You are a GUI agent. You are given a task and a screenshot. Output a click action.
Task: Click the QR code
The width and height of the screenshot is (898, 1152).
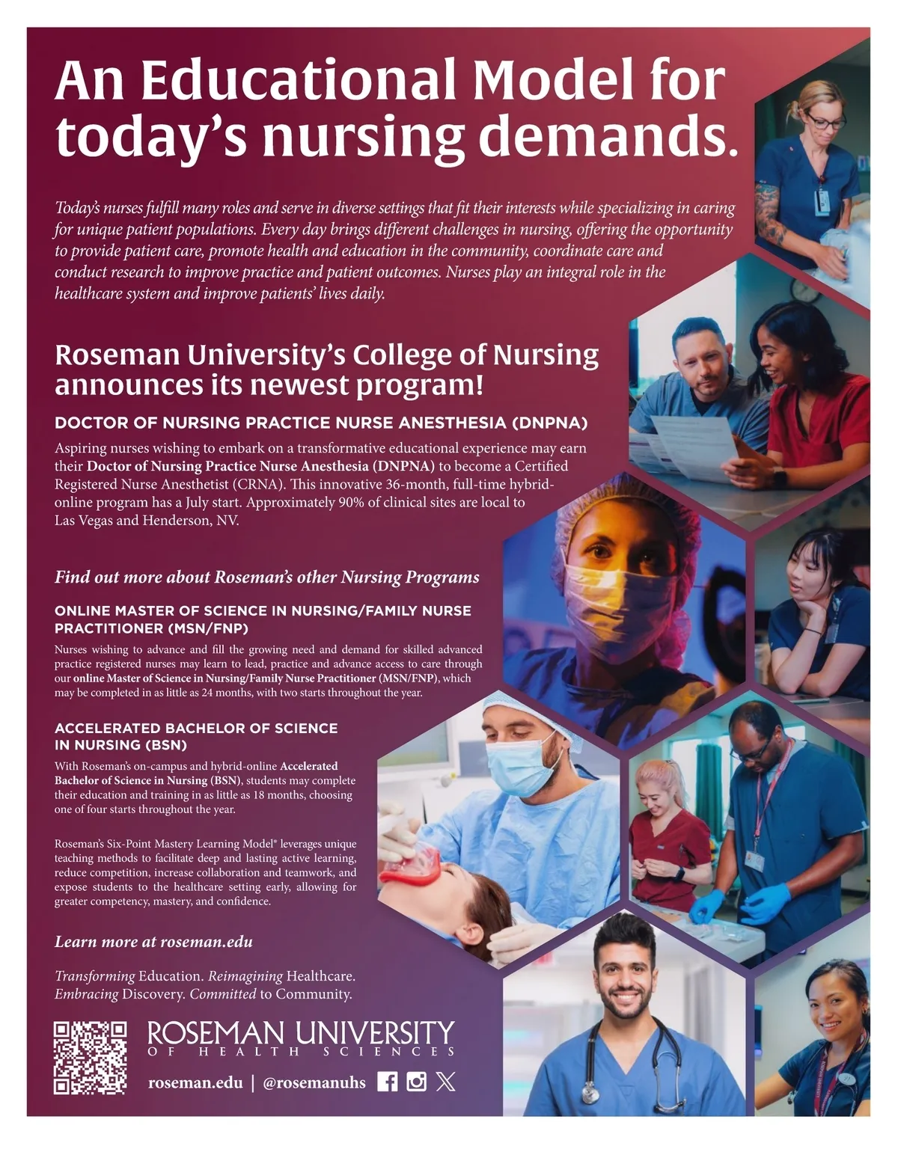[x=90, y=1058]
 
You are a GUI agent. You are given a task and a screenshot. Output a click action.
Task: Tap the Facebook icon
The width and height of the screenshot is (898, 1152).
[x=387, y=1082]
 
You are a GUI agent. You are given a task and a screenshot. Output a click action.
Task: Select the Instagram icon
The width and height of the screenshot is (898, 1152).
[x=416, y=1082]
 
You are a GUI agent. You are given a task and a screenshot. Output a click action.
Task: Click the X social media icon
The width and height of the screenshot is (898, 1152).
[x=445, y=1082]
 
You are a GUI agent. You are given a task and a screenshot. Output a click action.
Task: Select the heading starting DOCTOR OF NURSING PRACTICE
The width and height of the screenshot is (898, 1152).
[x=321, y=423]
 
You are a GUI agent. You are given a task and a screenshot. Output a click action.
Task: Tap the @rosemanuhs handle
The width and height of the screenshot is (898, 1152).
[x=314, y=1082]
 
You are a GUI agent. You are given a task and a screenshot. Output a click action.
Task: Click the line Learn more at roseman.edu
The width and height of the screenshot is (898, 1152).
[x=153, y=942]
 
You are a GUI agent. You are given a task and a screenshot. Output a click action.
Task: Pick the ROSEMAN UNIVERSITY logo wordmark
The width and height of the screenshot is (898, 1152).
[x=301, y=1035]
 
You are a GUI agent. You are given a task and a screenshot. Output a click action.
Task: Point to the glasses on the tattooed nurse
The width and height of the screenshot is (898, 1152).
[x=827, y=123]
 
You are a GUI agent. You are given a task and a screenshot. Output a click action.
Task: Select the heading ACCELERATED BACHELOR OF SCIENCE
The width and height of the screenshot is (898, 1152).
[x=196, y=736]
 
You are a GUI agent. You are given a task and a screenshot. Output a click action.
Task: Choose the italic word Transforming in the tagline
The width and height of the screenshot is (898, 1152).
[x=94, y=976]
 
